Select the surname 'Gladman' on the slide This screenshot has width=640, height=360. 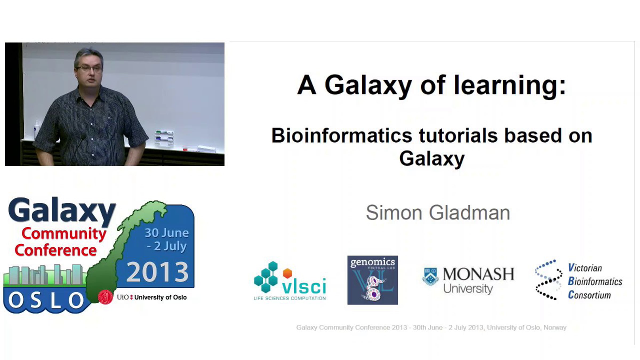[469, 213]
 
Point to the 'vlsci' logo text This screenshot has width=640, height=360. [304, 286]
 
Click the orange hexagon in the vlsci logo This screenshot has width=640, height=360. [287, 273]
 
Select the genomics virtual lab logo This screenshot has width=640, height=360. [373, 280]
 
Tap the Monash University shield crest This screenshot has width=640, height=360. [430, 277]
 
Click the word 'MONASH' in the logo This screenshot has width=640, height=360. [478, 274]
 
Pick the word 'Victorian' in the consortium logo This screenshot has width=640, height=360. [585, 268]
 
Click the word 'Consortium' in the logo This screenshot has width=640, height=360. [589, 295]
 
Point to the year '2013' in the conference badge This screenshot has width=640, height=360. [157, 272]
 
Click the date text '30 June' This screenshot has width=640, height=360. [167, 233]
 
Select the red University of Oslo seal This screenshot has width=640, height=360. [106, 297]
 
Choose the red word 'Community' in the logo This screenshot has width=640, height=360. [64, 234]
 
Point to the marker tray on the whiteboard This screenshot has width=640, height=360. [164, 138]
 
